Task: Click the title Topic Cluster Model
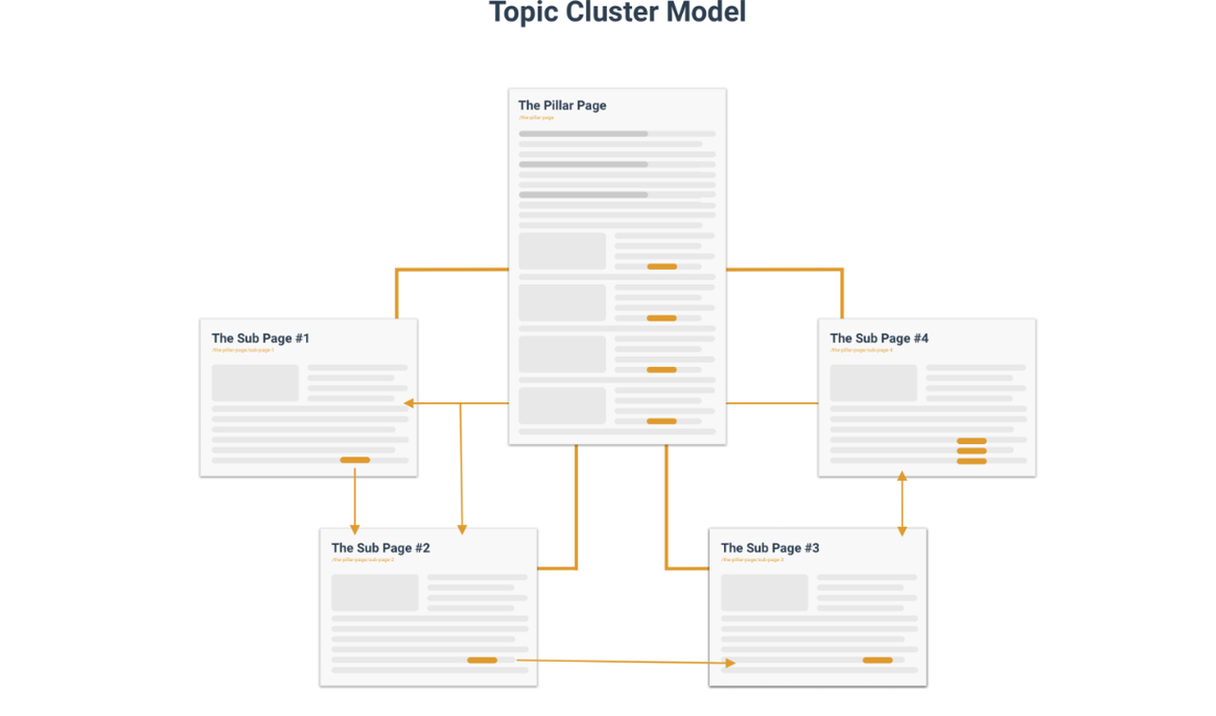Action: pos(617,13)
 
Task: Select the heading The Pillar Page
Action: pos(561,106)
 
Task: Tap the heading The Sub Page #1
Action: pos(260,339)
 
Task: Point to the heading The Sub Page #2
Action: pos(380,549)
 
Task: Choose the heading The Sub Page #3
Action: pos(769,549)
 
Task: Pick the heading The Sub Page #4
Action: pos(879,339)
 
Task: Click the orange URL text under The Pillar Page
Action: pos(536,118)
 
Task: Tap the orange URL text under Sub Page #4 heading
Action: pos(861,350)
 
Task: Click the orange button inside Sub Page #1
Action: pos(354,460)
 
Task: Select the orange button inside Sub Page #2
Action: pos(482,660)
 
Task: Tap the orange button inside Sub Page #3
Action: pos(877,660)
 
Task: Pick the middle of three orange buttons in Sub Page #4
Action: pos(971,451)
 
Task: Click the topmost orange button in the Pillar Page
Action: pos(661,267)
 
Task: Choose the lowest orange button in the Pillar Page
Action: pos(661,421)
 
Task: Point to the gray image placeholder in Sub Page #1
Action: pos(255,383)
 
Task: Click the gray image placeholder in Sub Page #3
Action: pos(764,592)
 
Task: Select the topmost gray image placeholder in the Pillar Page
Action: pos(561,251)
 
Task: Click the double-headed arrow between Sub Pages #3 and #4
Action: pos(902,504)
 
